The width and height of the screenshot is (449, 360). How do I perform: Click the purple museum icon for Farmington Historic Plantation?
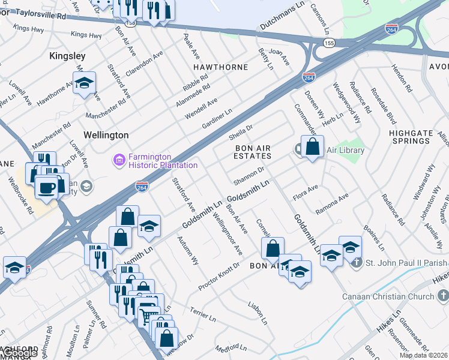[x=119, y=160]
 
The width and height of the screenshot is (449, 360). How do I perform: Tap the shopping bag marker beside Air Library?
[x=312, y=146]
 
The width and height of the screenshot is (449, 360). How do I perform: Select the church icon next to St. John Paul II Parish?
[x=357, y=262]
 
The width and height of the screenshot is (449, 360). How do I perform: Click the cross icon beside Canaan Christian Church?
[x=442, y=296]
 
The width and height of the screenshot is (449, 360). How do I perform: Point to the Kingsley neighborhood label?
[x=65, y=56]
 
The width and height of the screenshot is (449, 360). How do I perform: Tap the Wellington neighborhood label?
[x=106, y=135]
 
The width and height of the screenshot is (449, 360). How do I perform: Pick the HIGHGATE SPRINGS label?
[x=409, y=137]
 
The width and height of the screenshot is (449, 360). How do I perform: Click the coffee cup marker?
[x=46, y=187]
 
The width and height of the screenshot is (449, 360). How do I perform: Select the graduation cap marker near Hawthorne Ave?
[x=85, y=82]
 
